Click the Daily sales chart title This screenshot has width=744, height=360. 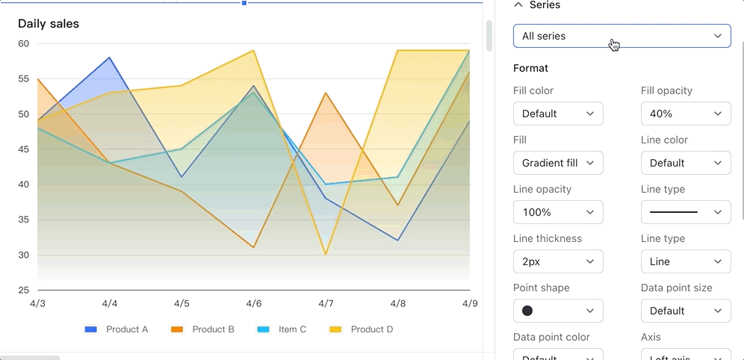pyautogui.click(x=49, y=24)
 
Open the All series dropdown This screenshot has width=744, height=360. pyautogui.click(x=621, y=36)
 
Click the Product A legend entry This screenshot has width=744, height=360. pyautogui.click(x=117, y=329)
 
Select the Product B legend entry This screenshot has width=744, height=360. pyautogui.click(x=203, y=329)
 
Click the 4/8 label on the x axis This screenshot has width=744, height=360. pyautogui.click(x=398, y=304)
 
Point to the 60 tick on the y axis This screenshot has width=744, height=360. pyautogui.click(x=23, y=43)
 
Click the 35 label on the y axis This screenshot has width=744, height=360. pyautogui.click(x=23, y=220)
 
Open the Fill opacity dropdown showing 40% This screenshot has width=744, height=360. pyautogui.click(x=685, y=114)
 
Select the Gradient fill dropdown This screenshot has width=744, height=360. pyautogui.click(x=558, y=163)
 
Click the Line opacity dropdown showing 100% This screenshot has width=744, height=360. pyautogui.click(x=558, y=212)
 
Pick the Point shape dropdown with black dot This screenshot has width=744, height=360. pyautogui.click(x=558, y=311)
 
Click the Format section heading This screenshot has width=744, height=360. pyautogui.click(x=530, y=68)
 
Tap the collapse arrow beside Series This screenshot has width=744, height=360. pyautogui.click(x=518, y=5)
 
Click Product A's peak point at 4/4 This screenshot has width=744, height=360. pyautogui.click(x=110, y=58)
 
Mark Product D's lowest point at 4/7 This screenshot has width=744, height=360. pyautogui.click(x=326, y=255)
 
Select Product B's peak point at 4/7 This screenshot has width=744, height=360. pyautogui.click(x=326, y=93)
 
